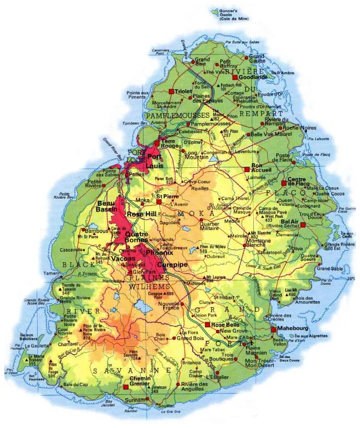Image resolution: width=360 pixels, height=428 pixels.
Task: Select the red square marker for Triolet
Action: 171,91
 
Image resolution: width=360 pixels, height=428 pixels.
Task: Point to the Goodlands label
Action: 253,77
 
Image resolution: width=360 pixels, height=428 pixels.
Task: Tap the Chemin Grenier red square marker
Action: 126,387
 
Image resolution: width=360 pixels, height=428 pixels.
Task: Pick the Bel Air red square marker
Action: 303,225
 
